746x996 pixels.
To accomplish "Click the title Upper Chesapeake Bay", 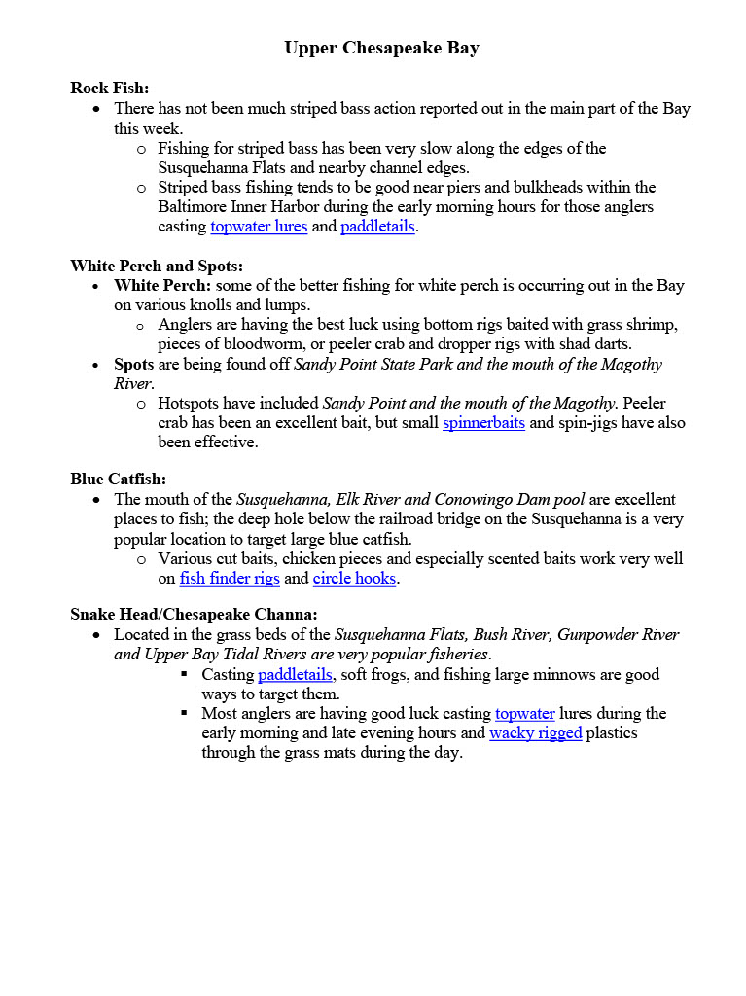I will (381, 48).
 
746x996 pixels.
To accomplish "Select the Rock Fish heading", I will (109, 89).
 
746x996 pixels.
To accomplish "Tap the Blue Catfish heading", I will (118, 479).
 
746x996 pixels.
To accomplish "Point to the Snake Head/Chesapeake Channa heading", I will (194, 614).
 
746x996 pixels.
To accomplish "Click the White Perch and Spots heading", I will (156, 266).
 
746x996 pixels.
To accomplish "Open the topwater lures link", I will (259, 227).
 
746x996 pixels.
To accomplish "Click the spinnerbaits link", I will (483, 423).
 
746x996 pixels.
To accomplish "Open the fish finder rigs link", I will (230, 579).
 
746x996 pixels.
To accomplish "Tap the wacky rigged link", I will (535, 733).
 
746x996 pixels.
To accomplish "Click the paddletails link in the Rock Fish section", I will (377, 227).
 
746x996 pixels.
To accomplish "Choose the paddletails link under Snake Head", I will (295, 675).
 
